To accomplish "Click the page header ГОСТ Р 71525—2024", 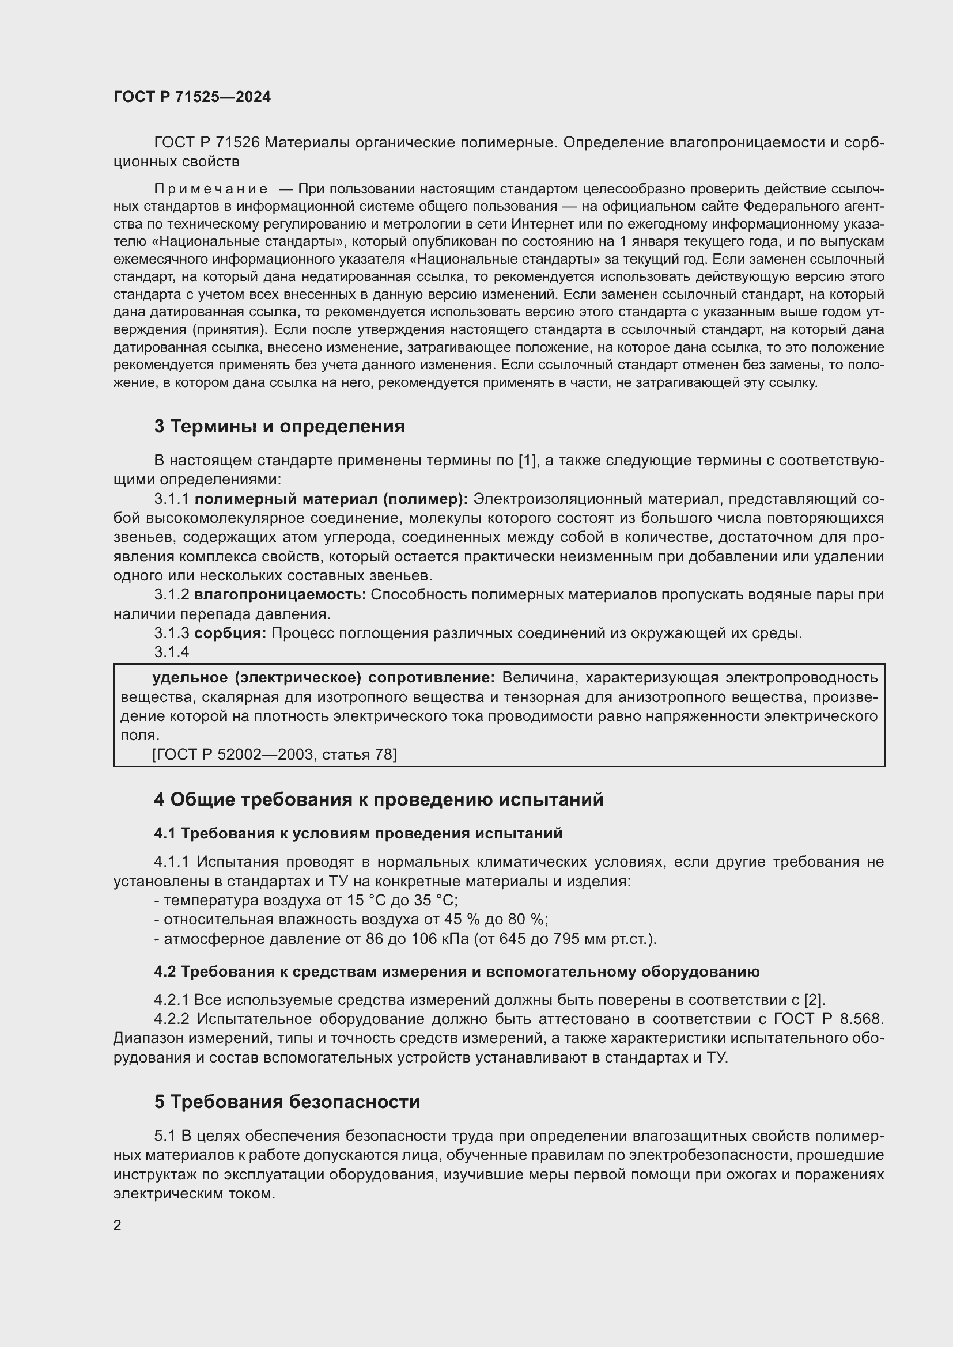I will (x=192, y=97).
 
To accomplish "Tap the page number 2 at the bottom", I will (x=118, y=1225).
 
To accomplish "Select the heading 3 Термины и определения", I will (x=279, y=427).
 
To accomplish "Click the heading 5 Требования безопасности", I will (x=287, y=1102).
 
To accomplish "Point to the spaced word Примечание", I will (x=211, y=189).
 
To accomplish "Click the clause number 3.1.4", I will (x=171, y=652).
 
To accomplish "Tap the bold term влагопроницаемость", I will (x=279, y=595).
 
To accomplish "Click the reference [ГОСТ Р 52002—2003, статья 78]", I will (x=274, y=754).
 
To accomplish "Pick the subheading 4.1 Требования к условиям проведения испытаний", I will (x=358, y=833).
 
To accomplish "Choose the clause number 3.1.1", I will (x=171, y=499).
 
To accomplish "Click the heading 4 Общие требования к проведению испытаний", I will (x=379, y=800).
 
